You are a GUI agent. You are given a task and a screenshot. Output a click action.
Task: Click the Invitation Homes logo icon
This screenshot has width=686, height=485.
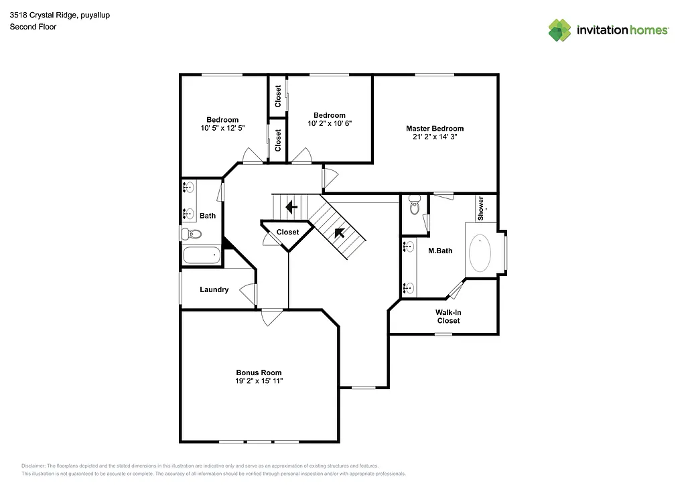click(x=559, y=30)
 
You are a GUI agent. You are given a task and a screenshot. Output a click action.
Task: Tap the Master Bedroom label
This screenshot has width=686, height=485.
click(x=434, y=129)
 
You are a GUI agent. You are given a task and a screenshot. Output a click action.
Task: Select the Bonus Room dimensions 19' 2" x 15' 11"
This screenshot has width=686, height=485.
click(x=259, y=381)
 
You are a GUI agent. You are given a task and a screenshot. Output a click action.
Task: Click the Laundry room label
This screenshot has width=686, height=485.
click(x=214, y=290)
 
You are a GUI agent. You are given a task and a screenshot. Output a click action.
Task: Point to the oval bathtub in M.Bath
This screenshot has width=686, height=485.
click(x=480, y=253)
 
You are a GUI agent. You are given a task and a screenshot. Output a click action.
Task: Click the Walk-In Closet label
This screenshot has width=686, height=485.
click(x=448, y=316)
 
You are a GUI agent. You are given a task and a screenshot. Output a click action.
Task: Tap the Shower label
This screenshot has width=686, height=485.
click(x=480, y=208)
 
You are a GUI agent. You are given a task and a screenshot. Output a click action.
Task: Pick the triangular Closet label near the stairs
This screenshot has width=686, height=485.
click(x=287, y=232)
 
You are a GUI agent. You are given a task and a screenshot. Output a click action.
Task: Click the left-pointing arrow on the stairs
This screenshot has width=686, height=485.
click(x=291, y=207)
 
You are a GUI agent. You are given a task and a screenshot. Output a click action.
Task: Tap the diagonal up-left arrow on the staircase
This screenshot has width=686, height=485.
click(x=340, y=232)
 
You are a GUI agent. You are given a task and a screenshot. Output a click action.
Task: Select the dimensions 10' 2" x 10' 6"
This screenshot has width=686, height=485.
click(x=330, y=123)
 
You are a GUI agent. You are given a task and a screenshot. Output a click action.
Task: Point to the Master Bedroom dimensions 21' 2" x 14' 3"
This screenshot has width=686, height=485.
click(x=434, y=137)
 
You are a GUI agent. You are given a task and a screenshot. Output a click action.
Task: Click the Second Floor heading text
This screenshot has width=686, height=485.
click(x=33, y=27)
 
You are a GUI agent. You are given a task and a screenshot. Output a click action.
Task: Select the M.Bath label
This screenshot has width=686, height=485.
click(x=440, y=251)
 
